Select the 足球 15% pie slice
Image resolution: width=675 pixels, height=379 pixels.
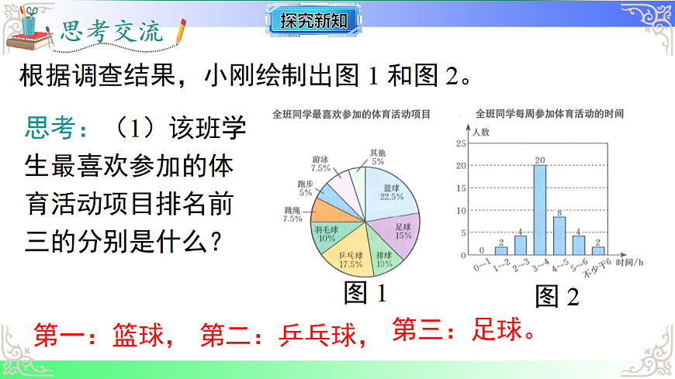click(400, 230)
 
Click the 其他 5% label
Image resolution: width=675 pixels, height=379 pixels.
click(377, 157)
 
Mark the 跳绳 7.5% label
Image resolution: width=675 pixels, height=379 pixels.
click(292, 214)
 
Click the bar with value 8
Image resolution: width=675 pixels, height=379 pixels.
click(559, 236)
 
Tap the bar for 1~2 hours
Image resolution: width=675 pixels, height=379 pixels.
click(502, 251)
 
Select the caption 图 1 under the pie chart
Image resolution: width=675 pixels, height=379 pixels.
click(365, 293)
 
